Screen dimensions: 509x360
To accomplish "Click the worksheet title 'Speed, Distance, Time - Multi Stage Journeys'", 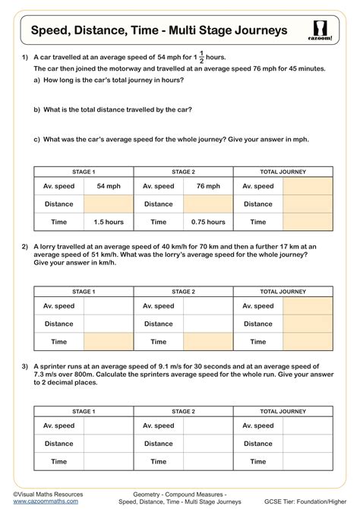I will [159, 30].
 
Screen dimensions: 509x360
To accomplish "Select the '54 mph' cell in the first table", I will [109, 186].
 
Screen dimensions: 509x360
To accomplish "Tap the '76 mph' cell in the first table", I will [208, 186].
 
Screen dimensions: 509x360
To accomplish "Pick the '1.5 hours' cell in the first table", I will [109, 222].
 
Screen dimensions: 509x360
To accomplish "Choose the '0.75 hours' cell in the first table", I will [208, 222].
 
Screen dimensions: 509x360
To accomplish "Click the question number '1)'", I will [25, 58].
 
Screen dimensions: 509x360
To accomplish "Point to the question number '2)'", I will [25, 246].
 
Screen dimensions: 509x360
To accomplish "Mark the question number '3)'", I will [25, 365].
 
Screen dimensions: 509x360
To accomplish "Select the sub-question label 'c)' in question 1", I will [37, 140].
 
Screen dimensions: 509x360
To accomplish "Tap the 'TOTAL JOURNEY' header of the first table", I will [283, 172].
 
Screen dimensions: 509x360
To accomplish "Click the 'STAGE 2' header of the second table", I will [183, 292].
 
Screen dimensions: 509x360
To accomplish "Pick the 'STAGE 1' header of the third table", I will [84, 411].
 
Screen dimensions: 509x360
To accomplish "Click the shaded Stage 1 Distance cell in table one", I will [109, 204].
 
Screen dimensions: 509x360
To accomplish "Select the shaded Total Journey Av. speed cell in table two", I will [308, 305].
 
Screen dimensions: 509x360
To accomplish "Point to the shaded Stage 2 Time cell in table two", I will [208, 342].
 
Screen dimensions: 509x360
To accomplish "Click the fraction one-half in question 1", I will [202, 58].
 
